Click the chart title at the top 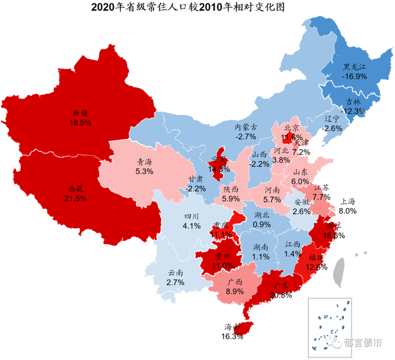click(x=197, y=8)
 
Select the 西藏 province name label click(x=76, y=189)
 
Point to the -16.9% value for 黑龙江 click(x=355, y=76)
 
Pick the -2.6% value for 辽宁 click(x=333, y=128)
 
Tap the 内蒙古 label click(x=246, y=127)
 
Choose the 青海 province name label click(x=144, y=161)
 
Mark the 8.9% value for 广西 click(x=234, y=291)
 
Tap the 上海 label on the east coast click(x=348, y=202)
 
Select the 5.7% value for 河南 click(x=272, y=200)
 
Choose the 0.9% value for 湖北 click(x=262, y=224)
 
